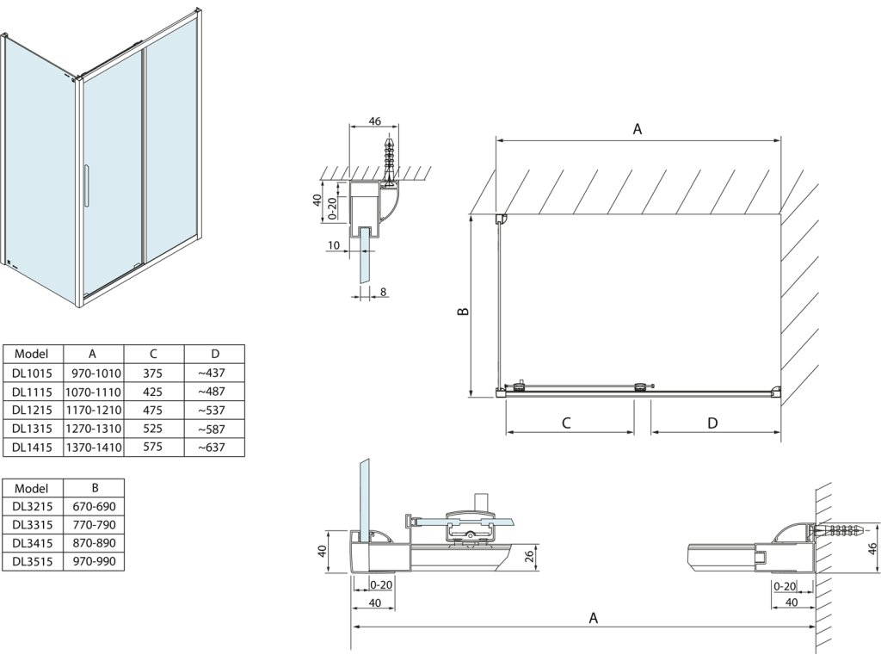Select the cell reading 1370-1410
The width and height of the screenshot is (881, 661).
click(94, 448)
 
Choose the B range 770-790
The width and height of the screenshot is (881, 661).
click(94, 524)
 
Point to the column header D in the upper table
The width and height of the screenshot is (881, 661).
click(214, 353)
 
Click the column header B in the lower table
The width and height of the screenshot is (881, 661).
click(94, 487)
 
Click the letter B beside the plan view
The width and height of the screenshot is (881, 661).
click(462, 312)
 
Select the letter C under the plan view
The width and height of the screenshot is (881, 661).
click(567, 423)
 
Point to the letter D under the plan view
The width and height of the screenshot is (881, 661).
click(712, 423)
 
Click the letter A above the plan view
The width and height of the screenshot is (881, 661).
click(638, 129)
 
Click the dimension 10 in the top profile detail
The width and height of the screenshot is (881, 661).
click(333, 245)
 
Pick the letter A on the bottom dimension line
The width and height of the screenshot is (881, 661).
click(593, 617)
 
